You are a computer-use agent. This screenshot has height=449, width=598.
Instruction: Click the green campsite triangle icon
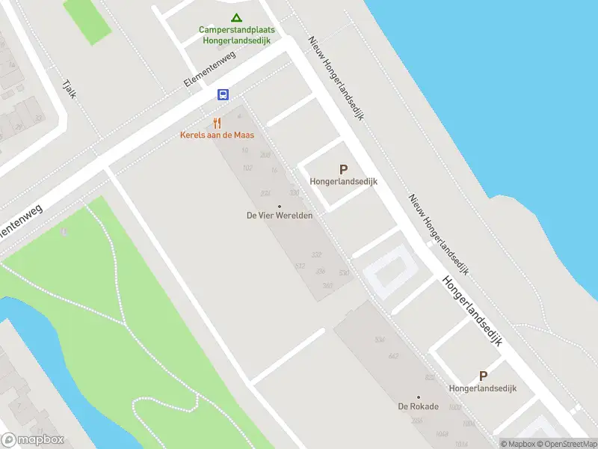pos(236,17)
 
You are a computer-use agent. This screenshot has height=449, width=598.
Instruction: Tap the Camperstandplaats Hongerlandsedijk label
pos(236,35)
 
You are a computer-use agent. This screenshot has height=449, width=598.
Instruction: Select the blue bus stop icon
pos(223,94)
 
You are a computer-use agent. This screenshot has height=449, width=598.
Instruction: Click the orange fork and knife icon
pos(217,123)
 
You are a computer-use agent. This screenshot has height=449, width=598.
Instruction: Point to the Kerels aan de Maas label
pos(217,135)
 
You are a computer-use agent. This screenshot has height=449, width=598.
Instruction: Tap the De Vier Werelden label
pos(280,216)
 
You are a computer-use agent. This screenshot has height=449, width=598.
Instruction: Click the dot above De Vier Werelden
pos(280,206)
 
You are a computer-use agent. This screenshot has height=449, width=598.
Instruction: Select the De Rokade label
pos(418,407)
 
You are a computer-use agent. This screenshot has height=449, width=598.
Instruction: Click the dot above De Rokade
pos(418,397)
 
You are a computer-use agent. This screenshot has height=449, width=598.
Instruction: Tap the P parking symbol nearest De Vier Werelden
pos(344,170)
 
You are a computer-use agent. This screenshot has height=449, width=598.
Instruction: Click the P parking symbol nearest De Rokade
pos(483,376)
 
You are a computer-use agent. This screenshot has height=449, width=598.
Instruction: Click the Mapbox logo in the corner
pos(33,440)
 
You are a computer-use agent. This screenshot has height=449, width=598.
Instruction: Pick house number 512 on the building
pos(300,266)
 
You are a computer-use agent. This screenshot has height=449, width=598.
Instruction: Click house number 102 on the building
pos(248,168)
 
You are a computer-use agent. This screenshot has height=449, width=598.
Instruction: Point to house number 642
pos(393,355)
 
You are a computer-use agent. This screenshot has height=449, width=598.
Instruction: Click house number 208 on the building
pos(265,155)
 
